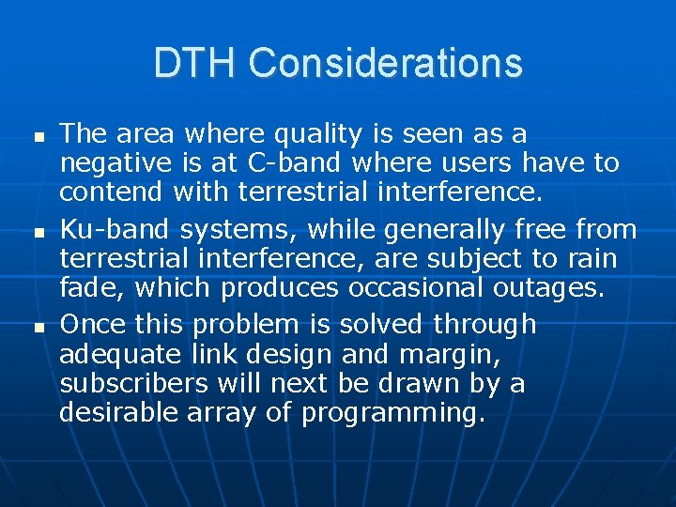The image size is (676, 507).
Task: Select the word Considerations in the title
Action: tap(386, 63)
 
